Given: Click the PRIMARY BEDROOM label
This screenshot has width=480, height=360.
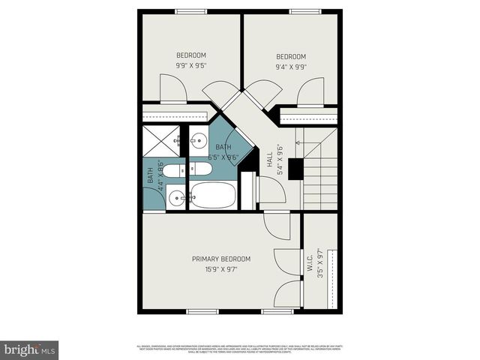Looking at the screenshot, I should click(220, 259).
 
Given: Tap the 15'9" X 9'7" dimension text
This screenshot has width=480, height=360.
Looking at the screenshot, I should click(220, 269).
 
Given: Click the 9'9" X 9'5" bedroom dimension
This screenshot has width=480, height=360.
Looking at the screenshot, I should click(191, 65).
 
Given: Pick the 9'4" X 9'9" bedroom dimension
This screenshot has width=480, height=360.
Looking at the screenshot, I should click(291, 67).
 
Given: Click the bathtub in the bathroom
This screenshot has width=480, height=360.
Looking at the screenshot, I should click(213, 196).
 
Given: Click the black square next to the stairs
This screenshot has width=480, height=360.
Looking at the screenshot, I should click(295, 169).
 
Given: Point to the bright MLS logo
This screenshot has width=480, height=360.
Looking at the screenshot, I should click(30, 349).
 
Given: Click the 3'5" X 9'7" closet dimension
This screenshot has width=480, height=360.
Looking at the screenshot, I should click(320, 264).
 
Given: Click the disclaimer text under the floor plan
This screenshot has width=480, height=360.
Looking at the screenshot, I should click(240, 349).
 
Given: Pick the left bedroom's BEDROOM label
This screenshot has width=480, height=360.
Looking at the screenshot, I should click(191, 55).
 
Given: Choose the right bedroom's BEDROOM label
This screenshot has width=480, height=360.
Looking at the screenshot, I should click(291, 56).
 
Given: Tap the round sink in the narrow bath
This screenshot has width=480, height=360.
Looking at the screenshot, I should click(176, 198).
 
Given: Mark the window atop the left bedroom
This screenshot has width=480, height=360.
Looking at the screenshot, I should click(191, 11).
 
